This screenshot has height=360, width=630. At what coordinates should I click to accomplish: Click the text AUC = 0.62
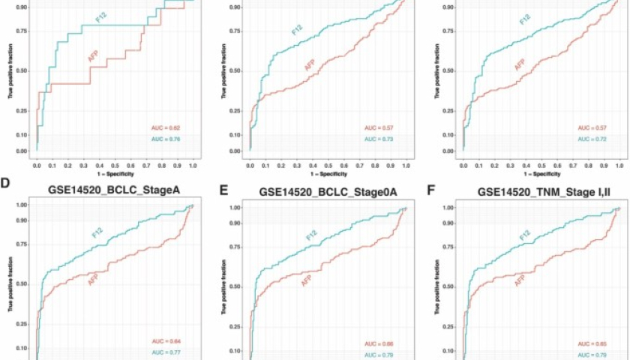[166, 129]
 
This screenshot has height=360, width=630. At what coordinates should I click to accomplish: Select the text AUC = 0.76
[166, 139]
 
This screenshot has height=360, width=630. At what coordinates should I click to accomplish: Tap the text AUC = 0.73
[379, 139]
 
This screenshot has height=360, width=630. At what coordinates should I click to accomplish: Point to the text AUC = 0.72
[592, 139]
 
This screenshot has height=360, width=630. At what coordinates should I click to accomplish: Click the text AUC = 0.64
[166, 341]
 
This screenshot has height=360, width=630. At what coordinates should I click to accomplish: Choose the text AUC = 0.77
[166, 352]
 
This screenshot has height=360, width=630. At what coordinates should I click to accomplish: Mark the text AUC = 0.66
[379, 343]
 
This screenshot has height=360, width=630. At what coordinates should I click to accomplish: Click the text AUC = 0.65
[592, 343]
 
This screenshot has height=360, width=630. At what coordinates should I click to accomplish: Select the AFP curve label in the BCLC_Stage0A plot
[307, 281]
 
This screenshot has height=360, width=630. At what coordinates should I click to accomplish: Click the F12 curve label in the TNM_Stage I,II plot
[523, 240]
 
